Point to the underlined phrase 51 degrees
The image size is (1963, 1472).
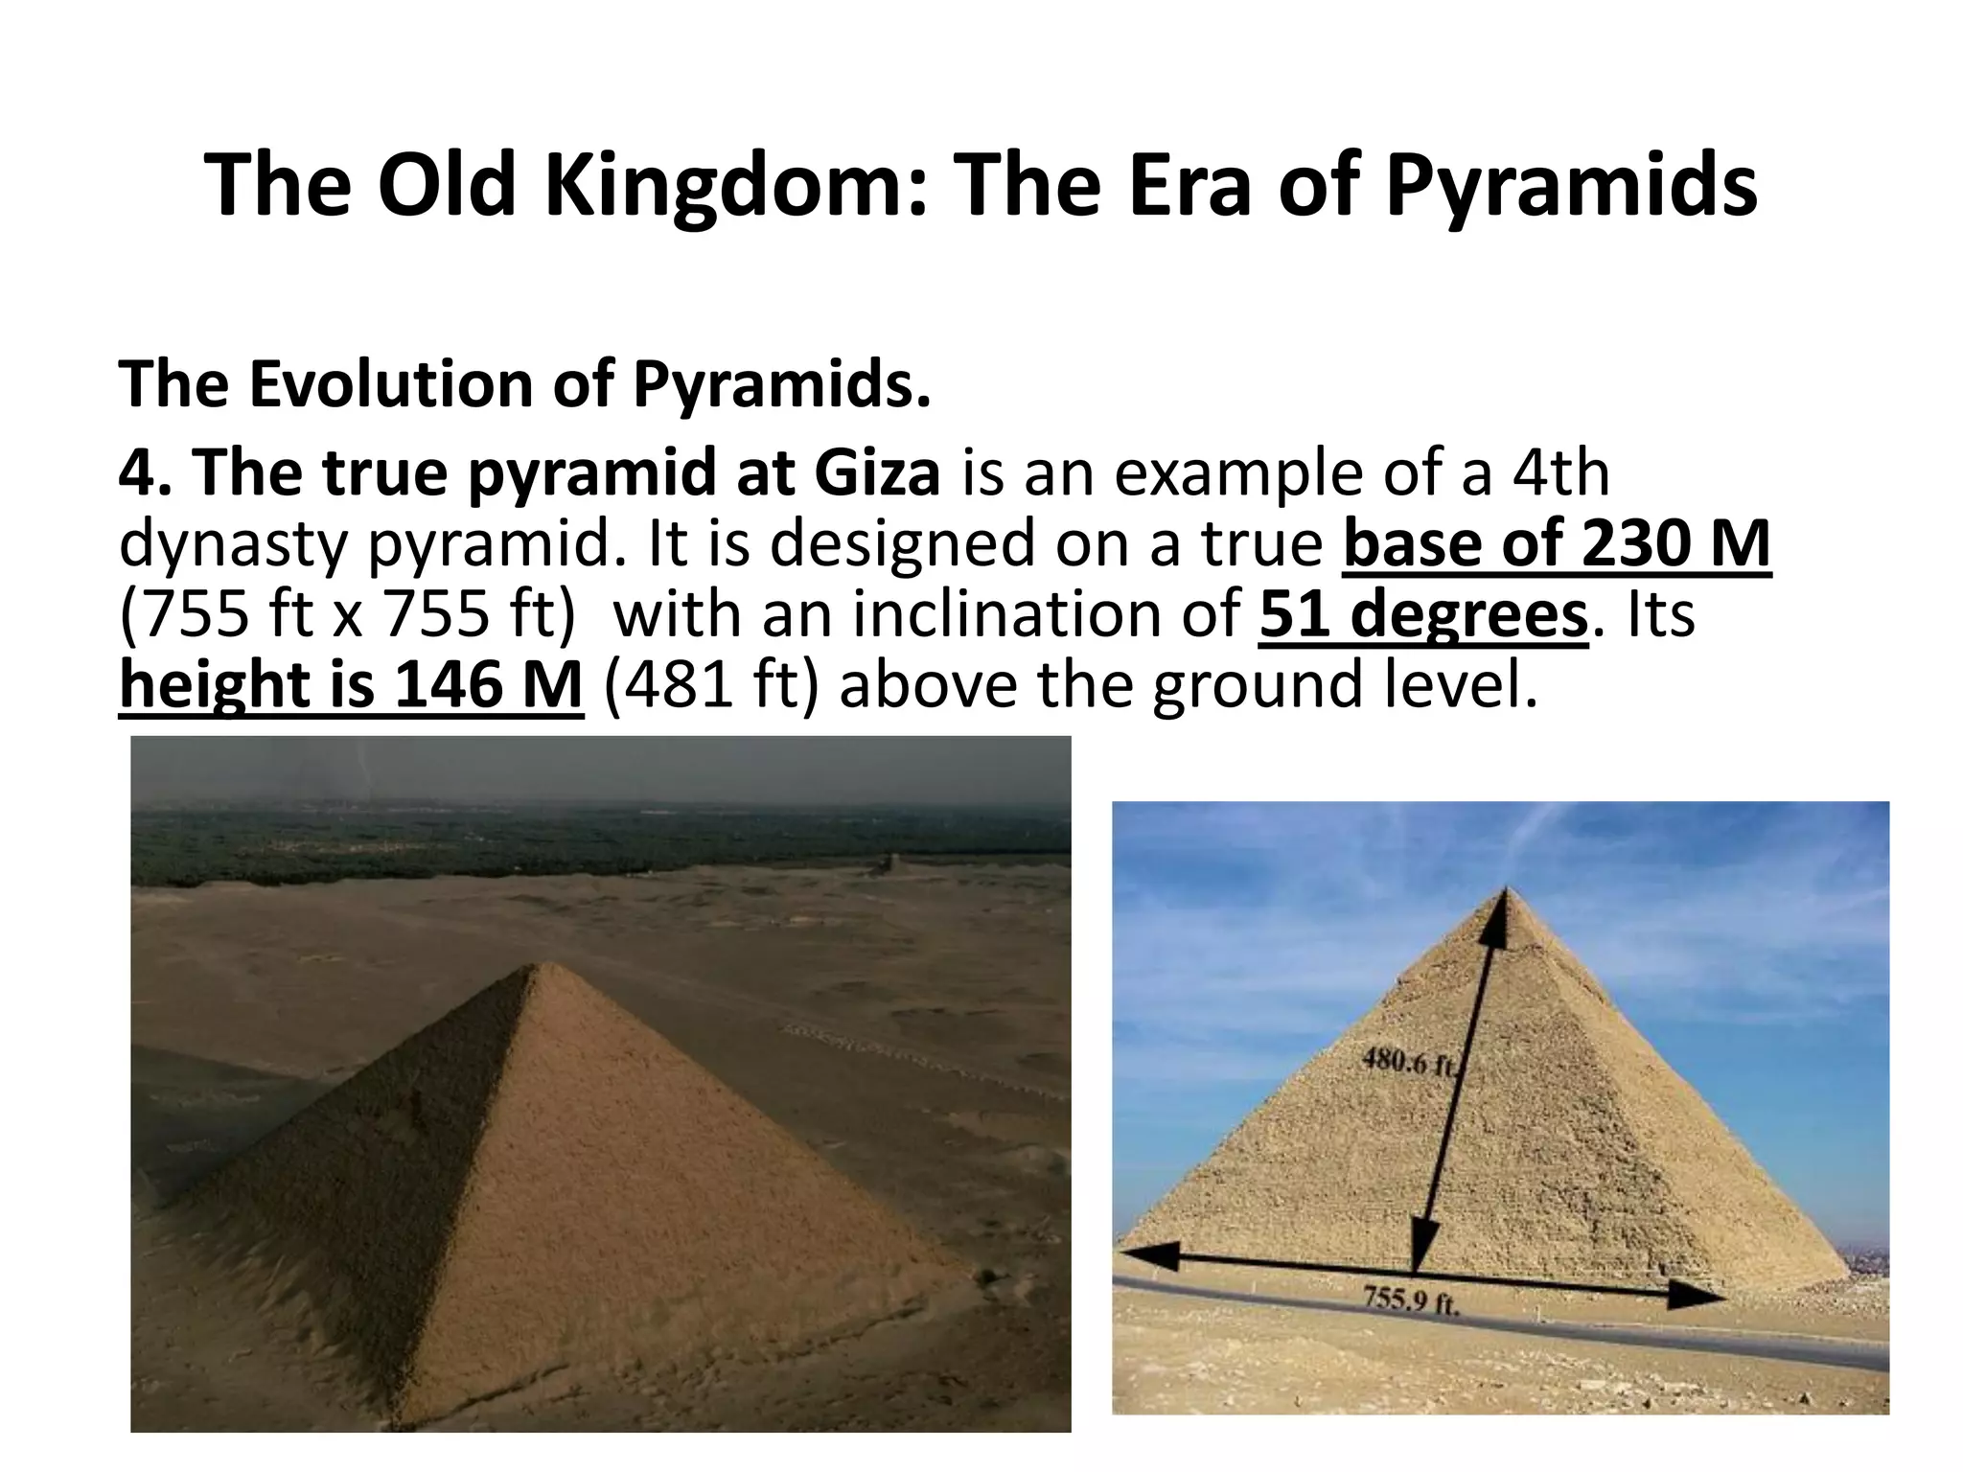1423,615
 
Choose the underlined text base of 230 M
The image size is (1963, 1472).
1557,544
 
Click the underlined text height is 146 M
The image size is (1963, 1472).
351,686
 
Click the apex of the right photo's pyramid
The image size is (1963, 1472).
1507,886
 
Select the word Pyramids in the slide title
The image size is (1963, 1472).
1571,187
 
